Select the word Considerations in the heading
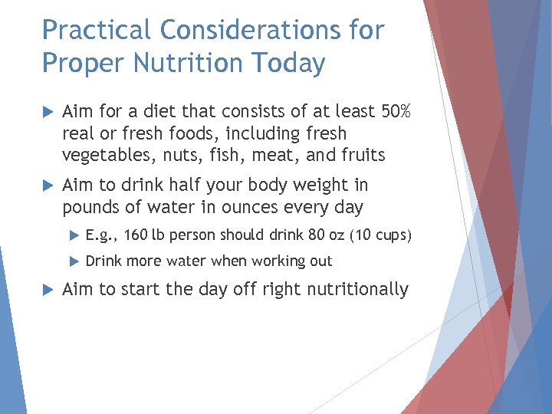245,31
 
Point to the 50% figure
396,112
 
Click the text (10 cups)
380,235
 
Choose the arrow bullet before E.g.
74,235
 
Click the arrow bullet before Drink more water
74,261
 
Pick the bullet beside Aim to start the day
48,289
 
